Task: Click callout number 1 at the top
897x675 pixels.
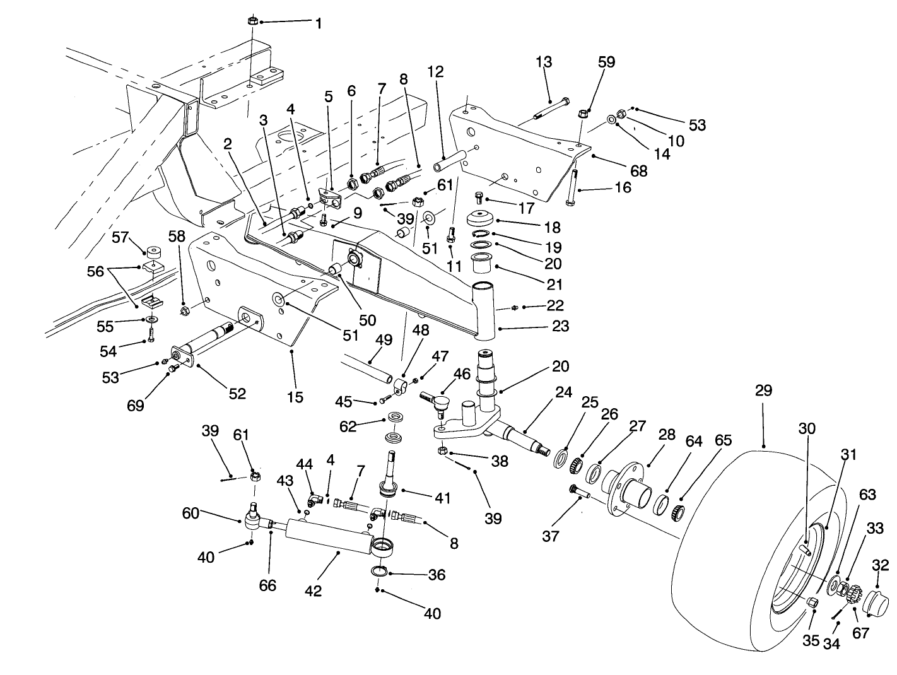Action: [x=318, y=24]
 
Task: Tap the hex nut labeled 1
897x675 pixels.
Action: [x=252, y=20]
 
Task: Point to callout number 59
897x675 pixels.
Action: [x=606, y=62]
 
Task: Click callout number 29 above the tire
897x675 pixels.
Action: [x=763, y=391]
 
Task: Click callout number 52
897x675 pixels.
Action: [x=237, y=393]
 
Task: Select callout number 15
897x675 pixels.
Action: [x=295, y=397]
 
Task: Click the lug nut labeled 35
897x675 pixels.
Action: [x=812, y=603]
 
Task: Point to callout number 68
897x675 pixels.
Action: [x=638, y=170]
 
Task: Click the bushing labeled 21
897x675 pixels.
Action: [x=483, y=261]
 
